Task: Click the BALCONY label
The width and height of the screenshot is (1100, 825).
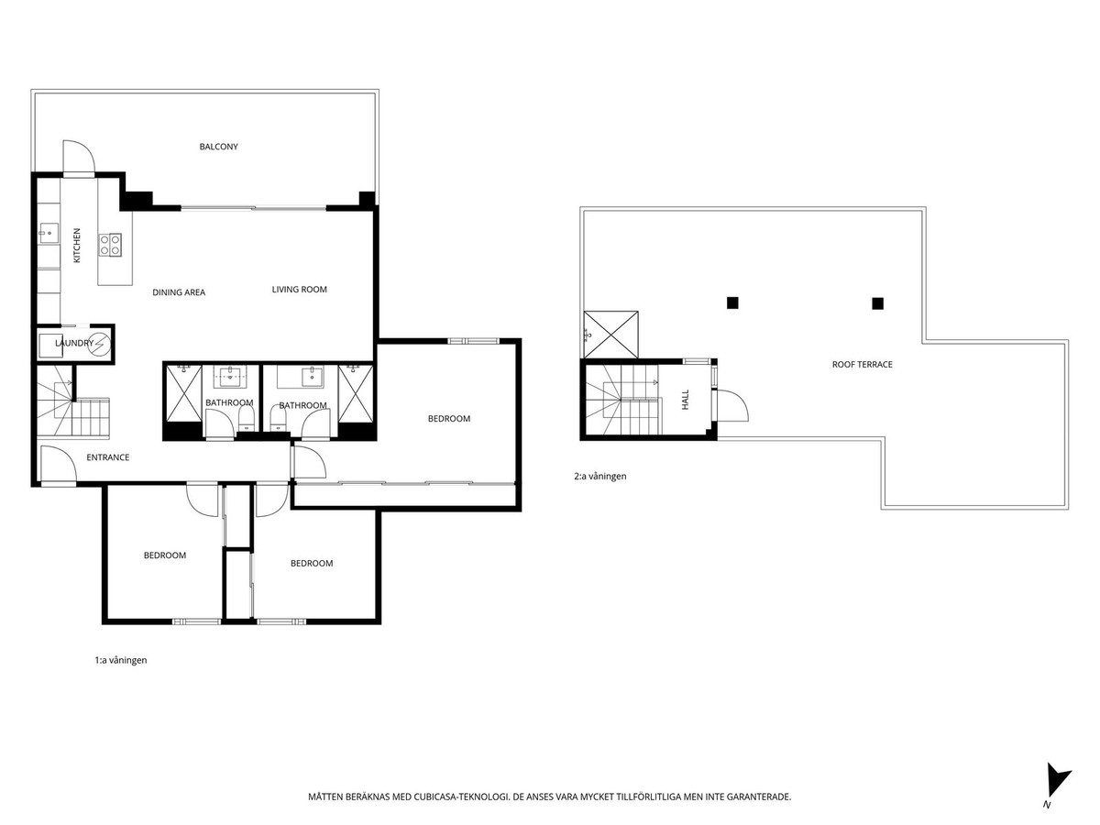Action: pos(218,147)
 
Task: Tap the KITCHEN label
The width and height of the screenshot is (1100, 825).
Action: pos(77,246)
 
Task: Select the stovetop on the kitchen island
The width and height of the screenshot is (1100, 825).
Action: pos(110,246)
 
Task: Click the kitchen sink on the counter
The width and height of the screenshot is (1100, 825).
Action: pos(49,233)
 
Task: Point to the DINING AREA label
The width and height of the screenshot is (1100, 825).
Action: pos(179,292)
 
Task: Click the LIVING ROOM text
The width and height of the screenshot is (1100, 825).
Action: pos(299,290)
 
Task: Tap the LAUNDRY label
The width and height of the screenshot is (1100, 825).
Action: pos(74,343)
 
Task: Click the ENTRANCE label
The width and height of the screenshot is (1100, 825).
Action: pos(108,457)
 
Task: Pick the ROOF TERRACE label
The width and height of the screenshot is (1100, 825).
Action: pos(862,365)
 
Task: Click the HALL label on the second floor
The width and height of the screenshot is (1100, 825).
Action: pos(685,400)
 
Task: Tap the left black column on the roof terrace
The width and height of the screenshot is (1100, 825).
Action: pos(732,302)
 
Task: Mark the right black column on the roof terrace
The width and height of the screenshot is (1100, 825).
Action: pos(877,303)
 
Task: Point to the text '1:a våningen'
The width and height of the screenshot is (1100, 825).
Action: pos(121,660)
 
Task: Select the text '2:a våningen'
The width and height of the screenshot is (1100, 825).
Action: pos(599,477)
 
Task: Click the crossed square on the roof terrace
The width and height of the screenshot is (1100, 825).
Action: pos(610,335)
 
